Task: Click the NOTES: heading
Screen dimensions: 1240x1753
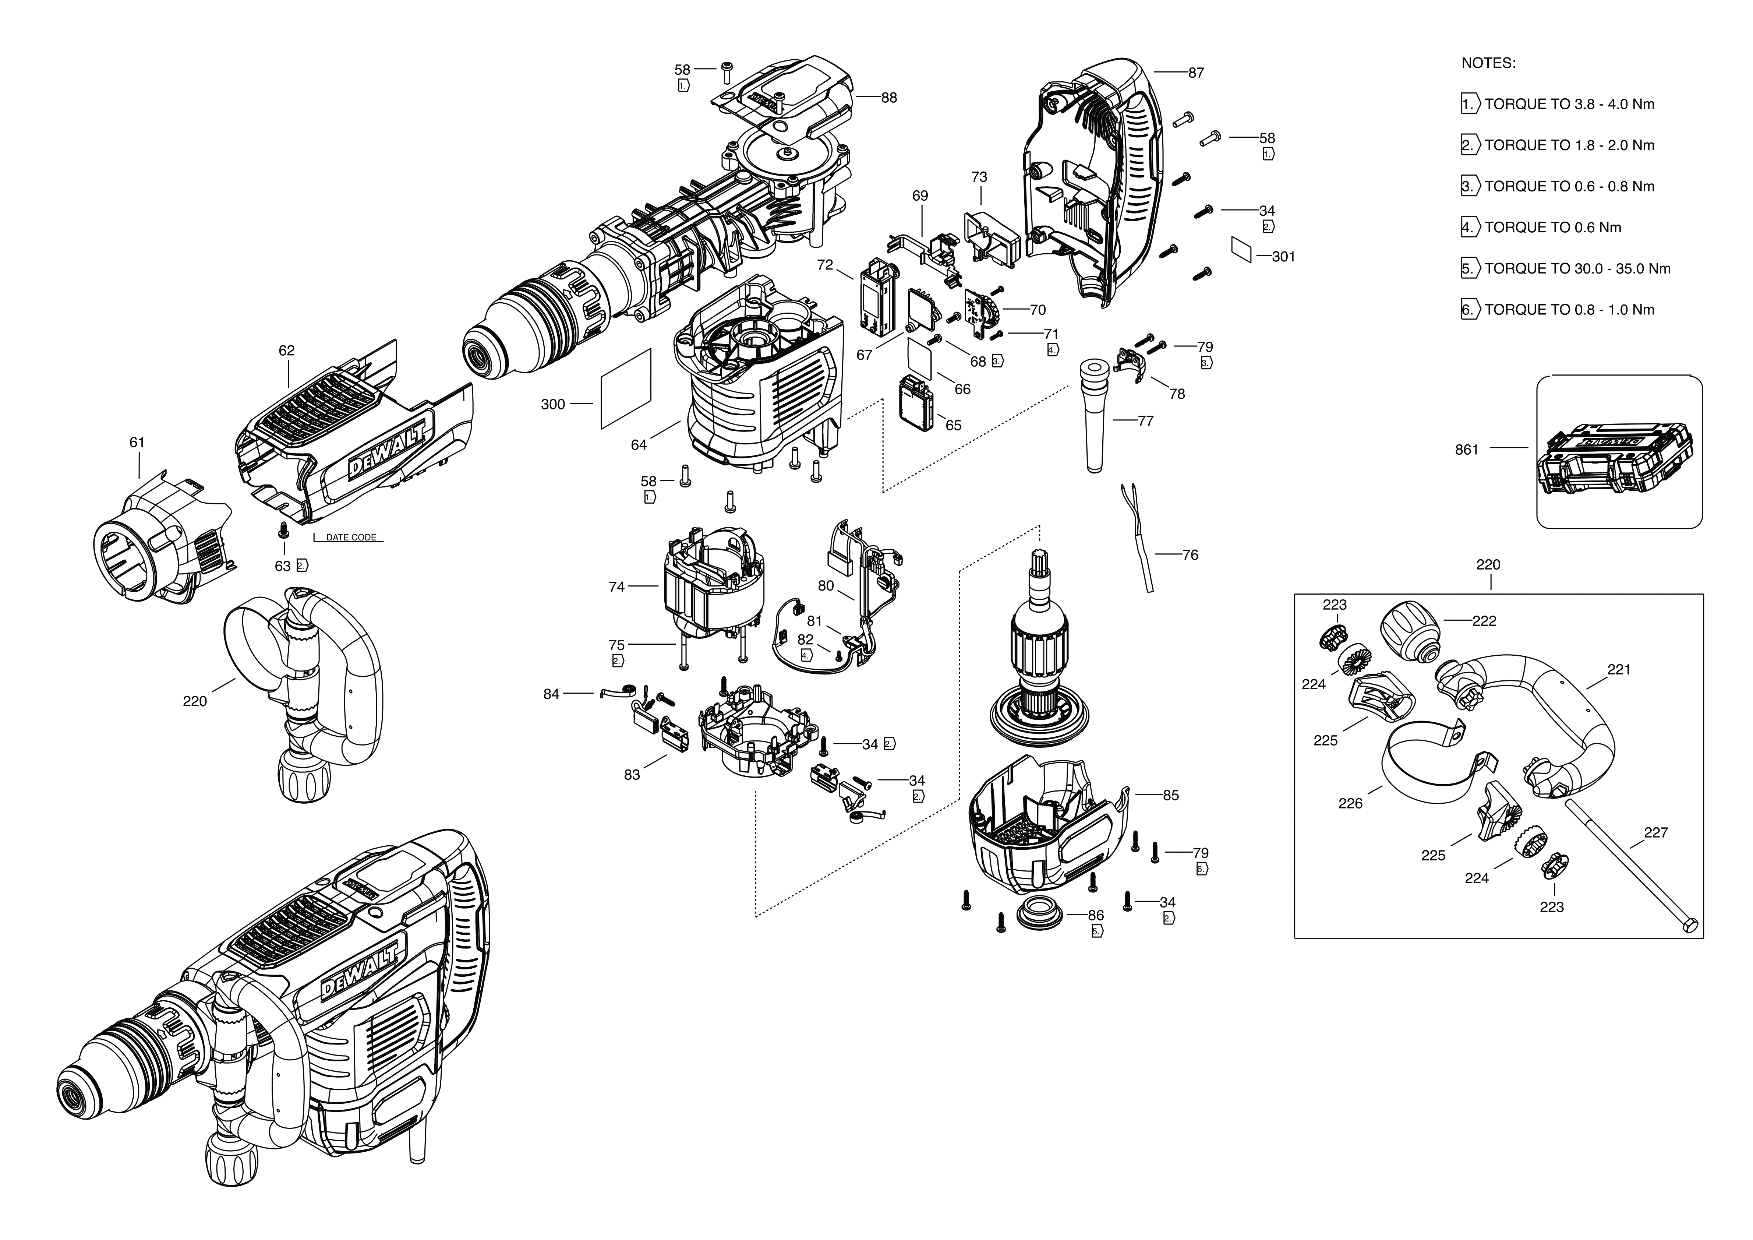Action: point(1488,63)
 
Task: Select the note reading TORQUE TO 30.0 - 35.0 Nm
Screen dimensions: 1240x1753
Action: point(1577,269)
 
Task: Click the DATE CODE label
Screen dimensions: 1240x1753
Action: point(351,538)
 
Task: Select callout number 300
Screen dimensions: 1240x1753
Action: point(553,405)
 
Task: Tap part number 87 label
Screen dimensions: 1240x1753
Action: point(1196,73)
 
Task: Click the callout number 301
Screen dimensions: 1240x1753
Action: point(1283,257)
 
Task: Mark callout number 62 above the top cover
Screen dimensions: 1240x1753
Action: point(286,351)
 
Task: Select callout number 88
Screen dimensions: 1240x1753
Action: point(889,98)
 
